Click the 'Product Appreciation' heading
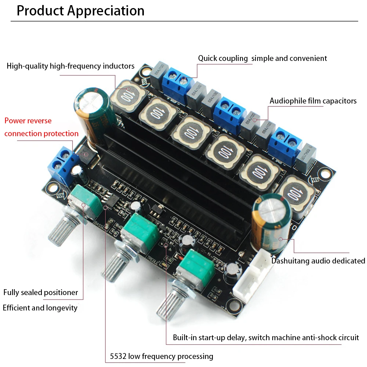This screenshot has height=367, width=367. pyautogui.click(x=80, y=11)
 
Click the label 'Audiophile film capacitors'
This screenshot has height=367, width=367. pyautogui.click(x=313, y=101)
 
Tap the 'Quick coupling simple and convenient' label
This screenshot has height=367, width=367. pyautogui.click(x=262, y=58)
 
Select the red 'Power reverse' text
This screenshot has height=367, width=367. pyautogui.click(x=28, y=121)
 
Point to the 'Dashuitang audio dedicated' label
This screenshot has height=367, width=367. pyautogui.click(x=318, y=261)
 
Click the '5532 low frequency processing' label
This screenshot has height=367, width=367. pyautogui.click(x=161, y=356)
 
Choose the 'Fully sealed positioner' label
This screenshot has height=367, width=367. pyautogui.click(x=41, y=292)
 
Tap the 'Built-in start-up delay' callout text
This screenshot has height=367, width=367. pyautogui.click(x=266, y=338)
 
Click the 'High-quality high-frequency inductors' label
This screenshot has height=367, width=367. pyautogui.click(x=70, y=66)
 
